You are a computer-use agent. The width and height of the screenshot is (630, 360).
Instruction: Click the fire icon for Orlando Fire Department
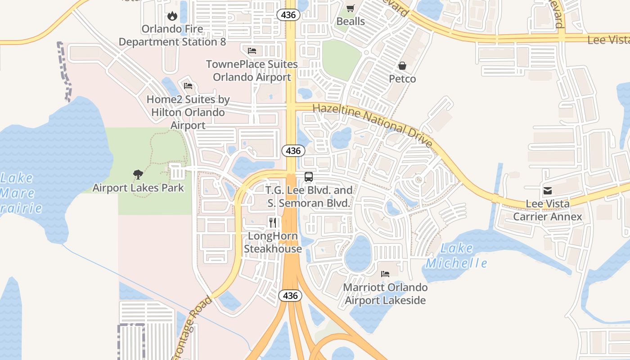click(x=172, y=16)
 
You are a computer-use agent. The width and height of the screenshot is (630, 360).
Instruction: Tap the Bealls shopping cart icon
click(x=351, y=8)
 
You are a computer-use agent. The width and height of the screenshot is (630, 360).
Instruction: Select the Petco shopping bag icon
click(x=402, y=66)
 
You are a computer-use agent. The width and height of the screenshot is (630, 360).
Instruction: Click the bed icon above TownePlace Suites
click(x=252, y=50)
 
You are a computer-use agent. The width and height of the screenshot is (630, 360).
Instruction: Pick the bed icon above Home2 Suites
click(x=188, y=85)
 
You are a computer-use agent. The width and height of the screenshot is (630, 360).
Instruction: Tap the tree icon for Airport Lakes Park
click(x=138, y=175)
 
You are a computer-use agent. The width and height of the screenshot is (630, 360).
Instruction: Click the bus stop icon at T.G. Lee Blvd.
click(x=309, y=176)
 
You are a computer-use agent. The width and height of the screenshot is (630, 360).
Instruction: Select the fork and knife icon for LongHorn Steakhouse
click(x=273, y=222)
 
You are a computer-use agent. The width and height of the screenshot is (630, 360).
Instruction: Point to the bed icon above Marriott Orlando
click(x=385, y=274)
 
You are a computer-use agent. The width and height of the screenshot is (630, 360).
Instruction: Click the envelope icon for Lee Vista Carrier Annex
click(x=548, y=191)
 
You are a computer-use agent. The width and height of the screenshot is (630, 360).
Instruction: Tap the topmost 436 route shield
click(x=288, y=15)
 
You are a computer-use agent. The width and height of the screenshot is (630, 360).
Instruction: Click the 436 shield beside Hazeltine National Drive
click(x=293, y=151)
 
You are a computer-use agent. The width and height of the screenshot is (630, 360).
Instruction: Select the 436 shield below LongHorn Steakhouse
click(x=290, y=296)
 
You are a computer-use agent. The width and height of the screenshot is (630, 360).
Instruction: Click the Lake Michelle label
click(x=456, y=256)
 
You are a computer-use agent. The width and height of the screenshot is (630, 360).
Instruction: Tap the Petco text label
click(x=402, y=79)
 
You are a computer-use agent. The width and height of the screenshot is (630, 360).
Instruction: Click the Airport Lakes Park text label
click(x=138, y=188)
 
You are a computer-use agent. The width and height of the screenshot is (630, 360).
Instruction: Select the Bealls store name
click(x=351, y=21)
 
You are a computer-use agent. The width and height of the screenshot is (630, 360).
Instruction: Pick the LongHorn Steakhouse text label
click(x=273, y=243)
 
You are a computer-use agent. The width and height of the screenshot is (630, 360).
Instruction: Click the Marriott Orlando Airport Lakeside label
click(x=385, y=293)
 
